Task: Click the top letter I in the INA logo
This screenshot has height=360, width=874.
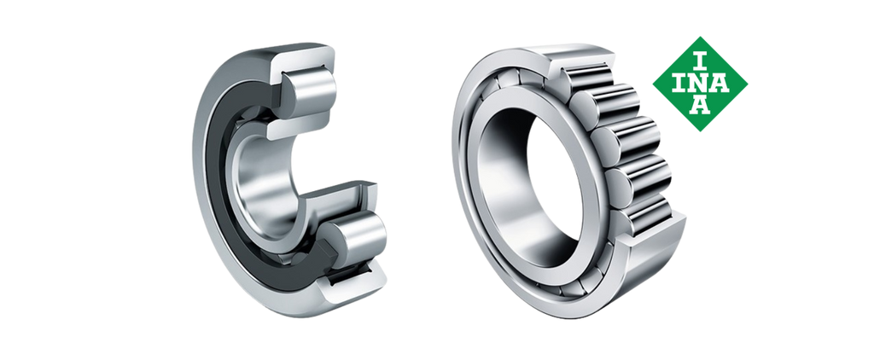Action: pyautogui.click(x=700, y=61)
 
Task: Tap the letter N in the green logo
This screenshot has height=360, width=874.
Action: pyautogui.click(x=700, y=84)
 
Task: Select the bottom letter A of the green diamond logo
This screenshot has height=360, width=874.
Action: pyautogui.click(x=700, y=105)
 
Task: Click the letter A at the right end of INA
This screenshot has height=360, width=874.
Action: pyautogui.click(x=720, y=84)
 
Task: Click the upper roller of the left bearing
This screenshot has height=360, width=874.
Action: pyautogui.click(x=309, y=90)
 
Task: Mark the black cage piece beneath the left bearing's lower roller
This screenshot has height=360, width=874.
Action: pyautogui.click(x=349, y=276)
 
